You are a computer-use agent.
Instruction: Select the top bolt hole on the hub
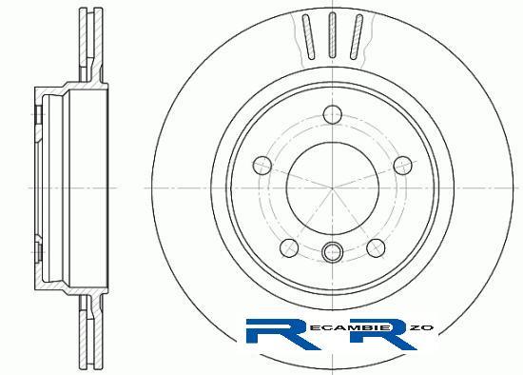(x=333, y=114)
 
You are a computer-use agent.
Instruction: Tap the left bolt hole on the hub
(x=262, y=166)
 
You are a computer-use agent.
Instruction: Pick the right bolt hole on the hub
(x=403, y=166)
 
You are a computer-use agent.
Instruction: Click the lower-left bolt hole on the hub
(x=289, y=248)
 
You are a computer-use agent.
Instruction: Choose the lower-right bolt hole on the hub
(x=376, y=248)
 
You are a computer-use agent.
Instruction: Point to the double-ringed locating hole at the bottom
(x=332, y=252)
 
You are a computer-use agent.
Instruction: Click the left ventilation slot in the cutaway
(x=308, y=37)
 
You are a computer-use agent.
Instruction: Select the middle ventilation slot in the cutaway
(x=332, y=35)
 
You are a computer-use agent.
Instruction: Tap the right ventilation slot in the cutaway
(x=357, y=37)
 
